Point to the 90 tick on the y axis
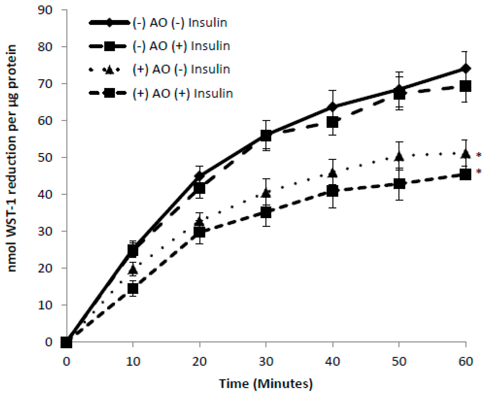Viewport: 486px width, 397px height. pos(45,10)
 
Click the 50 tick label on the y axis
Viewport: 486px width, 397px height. pos(45,157)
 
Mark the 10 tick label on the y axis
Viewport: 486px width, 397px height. pos(45,305)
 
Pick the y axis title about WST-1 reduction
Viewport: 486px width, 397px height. pos(12,158)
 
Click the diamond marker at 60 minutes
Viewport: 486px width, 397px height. pos(466,69)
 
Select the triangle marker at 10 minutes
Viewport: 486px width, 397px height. pos(133,269)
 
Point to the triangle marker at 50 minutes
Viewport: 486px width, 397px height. pos(399,156)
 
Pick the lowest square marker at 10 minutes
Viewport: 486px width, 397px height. pos(133,289)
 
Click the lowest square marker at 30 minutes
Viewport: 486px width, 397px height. pos(266,213)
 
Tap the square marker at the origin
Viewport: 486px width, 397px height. pos(66,342)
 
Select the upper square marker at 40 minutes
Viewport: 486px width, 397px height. pos(333,122)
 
